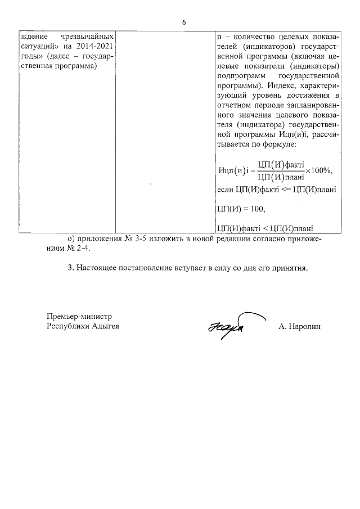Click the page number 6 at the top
pyautogui.click(x=183, y=22)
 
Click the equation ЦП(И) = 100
pyautogui.click(x=240, y=209)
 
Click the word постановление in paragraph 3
pyautogui.click(x=149, y=268)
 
